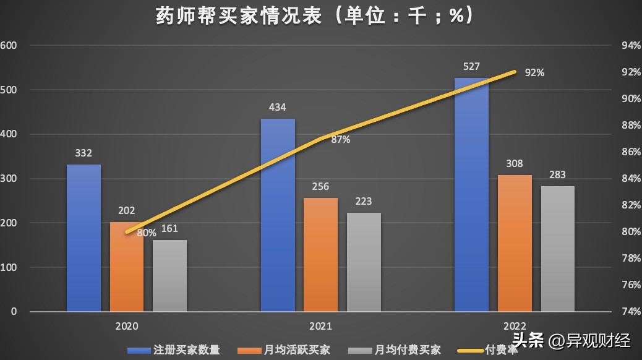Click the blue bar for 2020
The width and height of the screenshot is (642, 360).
[83, 238]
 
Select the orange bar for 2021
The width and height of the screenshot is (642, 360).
[320, 254]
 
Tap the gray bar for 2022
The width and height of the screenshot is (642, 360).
[557, 249]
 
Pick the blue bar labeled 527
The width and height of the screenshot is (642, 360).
[471, 195]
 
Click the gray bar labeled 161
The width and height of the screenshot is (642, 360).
[169, 276]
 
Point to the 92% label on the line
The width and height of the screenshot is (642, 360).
[534, 72]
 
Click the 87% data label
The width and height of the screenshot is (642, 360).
[340, 140]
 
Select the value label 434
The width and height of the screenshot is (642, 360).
[277, 108]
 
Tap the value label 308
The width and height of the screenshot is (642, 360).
[514, 164]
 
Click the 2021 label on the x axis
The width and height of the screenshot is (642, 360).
[320, 326]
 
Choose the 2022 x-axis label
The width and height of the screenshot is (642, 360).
[515, 326]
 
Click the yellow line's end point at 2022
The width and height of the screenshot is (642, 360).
[515, 72]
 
